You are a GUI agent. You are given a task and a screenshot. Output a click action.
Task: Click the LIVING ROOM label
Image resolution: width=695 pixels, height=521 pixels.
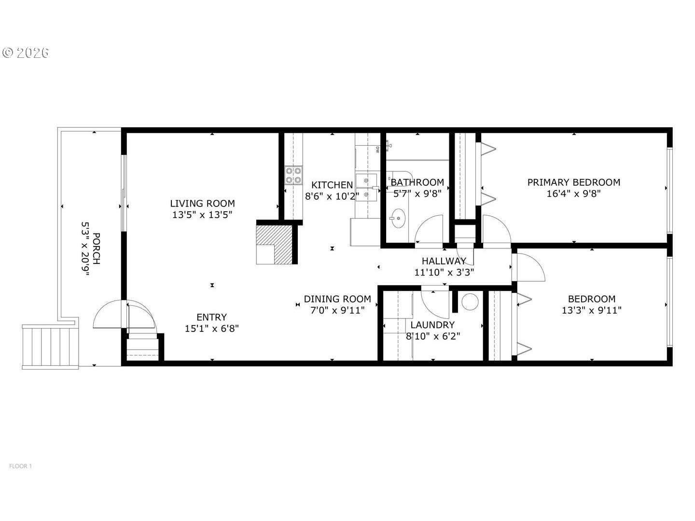202,204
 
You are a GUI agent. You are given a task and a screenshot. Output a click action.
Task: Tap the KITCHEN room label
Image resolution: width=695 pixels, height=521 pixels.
332,185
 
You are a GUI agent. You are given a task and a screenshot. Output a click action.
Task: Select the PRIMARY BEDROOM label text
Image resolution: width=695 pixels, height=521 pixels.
573,182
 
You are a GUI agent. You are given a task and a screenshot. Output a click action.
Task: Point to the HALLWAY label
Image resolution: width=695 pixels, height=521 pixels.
444,261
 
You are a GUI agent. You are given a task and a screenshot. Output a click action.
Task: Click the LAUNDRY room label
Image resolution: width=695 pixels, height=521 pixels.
432,325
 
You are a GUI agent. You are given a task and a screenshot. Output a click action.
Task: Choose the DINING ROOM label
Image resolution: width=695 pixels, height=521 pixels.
337,299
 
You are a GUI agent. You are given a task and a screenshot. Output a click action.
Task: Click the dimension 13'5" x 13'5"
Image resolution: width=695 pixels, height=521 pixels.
202,215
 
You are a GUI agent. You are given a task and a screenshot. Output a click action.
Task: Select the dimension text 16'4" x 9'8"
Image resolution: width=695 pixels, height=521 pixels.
573,193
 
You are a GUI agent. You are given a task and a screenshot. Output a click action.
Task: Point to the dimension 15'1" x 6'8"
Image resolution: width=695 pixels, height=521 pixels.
211,329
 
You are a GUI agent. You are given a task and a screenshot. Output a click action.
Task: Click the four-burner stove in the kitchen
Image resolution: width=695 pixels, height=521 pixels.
293,176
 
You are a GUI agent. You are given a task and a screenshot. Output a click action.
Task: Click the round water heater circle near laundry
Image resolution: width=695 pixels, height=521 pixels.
470,302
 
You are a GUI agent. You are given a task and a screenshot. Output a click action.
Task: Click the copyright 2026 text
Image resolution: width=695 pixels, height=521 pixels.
26,53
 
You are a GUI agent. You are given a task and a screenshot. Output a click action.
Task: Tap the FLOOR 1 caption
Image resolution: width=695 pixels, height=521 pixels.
21,466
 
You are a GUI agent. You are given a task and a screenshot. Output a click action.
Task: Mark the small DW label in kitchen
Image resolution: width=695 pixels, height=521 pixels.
377,150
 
